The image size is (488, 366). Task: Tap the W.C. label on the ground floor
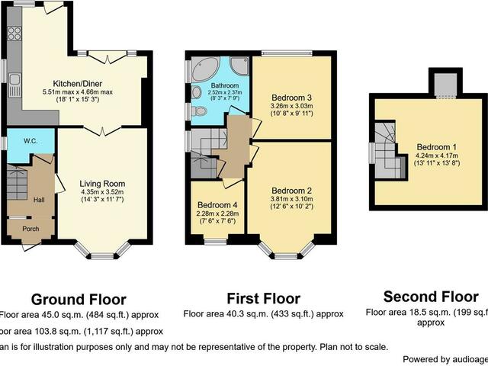31,140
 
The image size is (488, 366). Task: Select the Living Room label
102,184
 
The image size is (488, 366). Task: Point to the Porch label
30,229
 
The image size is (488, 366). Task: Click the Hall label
39,200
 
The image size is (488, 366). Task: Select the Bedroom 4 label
218,205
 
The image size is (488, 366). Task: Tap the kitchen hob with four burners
14,34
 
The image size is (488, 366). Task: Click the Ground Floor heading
79,299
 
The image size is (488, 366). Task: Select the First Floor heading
264,298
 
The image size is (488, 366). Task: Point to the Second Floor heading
431,297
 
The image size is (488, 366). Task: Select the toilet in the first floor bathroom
200,111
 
